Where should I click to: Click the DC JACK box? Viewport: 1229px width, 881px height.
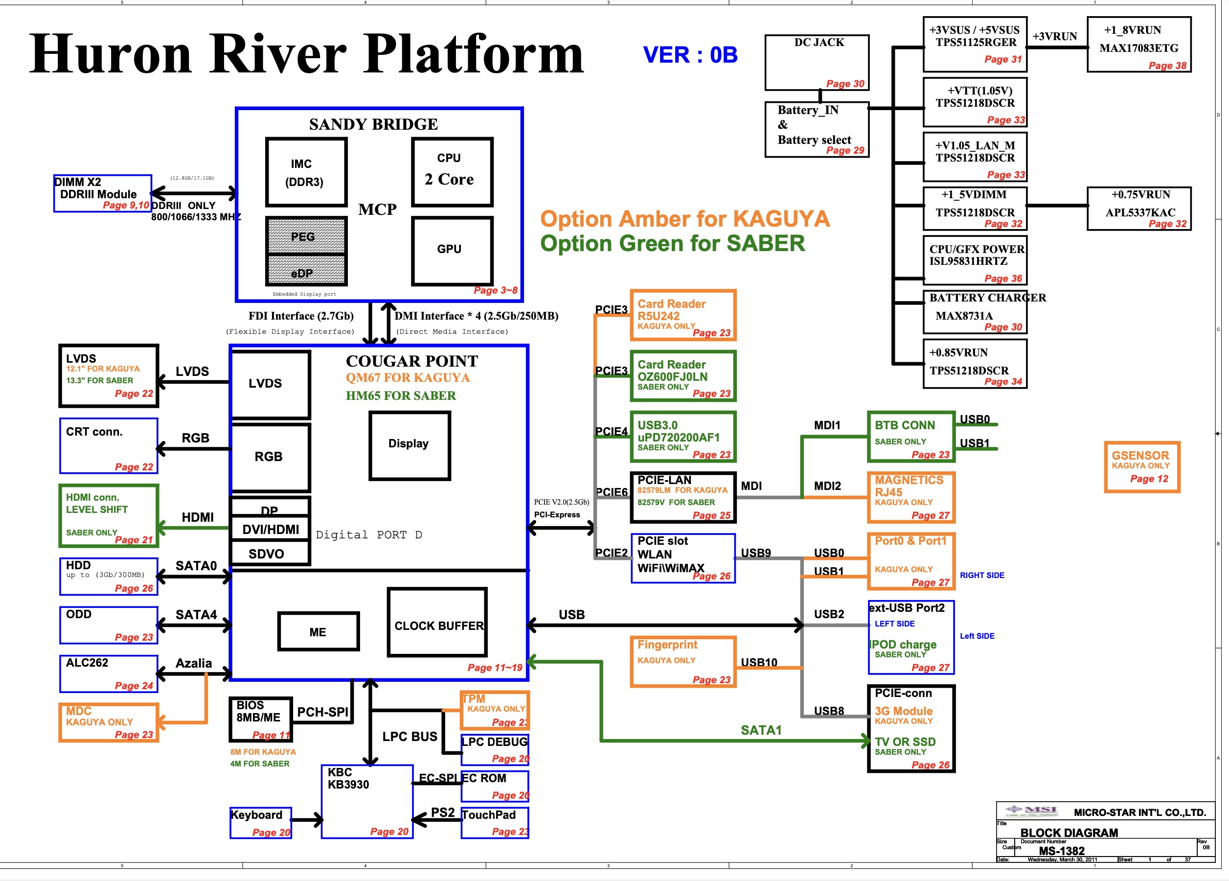(x=817, y=62)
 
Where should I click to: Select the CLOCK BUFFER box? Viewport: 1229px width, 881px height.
(x=437, y=622)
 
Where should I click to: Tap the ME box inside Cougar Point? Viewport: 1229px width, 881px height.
(x=319, y=631)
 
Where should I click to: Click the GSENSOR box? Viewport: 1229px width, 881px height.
(x=1142, y=466)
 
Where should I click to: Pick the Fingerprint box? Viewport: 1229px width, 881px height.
(x=683, y=661)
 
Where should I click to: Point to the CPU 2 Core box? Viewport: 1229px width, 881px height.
(x=452, y=172)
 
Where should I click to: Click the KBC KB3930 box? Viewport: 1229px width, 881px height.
(x=367, y=801)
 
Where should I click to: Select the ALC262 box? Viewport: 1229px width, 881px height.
(x=109, y=673)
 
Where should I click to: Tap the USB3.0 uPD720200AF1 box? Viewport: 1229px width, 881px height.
(x=683, y=437)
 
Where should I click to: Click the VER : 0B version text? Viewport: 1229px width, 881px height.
(x=690, y=55)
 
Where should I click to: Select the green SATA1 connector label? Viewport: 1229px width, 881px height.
(x=761, y=730)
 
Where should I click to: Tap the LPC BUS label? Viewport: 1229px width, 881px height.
(x=410, y=736)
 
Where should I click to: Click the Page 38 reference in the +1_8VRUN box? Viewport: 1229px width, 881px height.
(x=1167, y=66)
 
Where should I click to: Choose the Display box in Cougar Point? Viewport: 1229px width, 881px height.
(x=409, y=445)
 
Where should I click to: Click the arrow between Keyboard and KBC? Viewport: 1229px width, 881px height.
(x=307, y=820)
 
